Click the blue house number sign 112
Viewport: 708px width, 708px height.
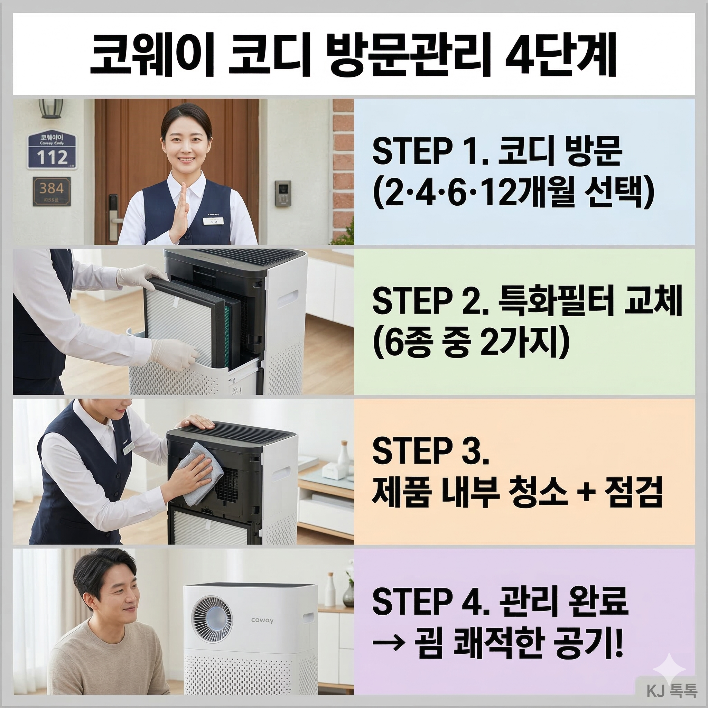(53, 151)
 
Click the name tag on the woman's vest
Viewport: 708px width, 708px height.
(214, 221)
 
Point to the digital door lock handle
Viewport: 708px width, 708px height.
(114, 213)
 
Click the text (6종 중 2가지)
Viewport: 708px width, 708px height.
(471, 345)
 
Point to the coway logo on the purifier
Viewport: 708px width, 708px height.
(262, 620)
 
